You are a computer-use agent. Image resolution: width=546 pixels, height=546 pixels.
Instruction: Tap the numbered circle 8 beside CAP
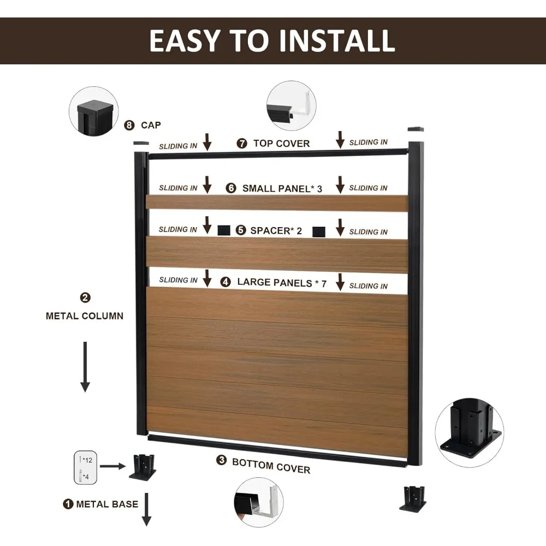(x=129, y=125)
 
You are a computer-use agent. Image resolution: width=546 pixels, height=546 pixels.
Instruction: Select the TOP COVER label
(x=281, y=144)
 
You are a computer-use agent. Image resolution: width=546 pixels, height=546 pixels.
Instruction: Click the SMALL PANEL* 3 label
(x=282, y=188)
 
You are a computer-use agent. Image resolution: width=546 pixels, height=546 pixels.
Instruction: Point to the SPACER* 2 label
(x=276, y=230)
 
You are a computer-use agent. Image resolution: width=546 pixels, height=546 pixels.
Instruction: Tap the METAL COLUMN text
(x=85, y=316)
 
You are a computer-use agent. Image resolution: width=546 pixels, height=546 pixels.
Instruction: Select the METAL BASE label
(x=107, y=504)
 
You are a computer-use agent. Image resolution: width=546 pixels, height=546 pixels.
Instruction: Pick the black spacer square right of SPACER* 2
(x=319, y=232)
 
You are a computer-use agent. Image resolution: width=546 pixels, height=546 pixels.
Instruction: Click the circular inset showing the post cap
(x=93, y=112)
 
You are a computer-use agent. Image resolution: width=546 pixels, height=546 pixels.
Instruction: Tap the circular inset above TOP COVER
(x=292, y=106)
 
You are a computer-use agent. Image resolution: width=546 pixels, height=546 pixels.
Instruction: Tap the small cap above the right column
(x=416, y=130)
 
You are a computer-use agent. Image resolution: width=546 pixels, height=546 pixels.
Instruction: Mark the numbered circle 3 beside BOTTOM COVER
(x=221, y=460)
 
